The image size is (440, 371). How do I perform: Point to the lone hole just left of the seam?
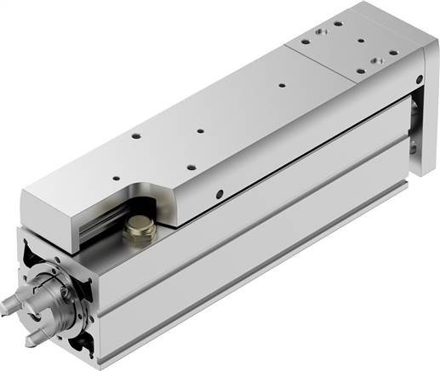pyautogui.click(x=280, y=84)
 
